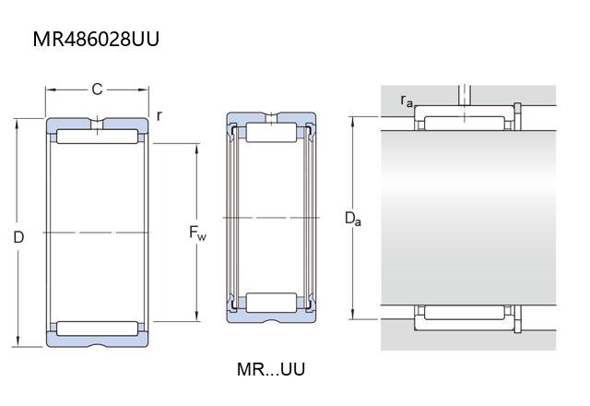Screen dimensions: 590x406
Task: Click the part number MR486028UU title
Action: coord(96,39)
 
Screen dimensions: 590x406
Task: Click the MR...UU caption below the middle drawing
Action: coord(270,369)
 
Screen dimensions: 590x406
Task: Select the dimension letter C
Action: coord(97,90)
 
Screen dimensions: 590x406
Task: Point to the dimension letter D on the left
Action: coord(18,237)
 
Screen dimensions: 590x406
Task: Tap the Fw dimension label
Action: coord(197,233)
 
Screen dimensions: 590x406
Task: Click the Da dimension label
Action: coord(353,219)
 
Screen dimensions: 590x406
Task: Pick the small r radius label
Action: coord(159,115)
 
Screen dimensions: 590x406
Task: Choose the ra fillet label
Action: coord(407,101)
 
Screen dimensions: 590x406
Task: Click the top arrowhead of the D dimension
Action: coord(17,125)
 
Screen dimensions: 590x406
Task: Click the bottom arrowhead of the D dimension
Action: coord(17,341)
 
